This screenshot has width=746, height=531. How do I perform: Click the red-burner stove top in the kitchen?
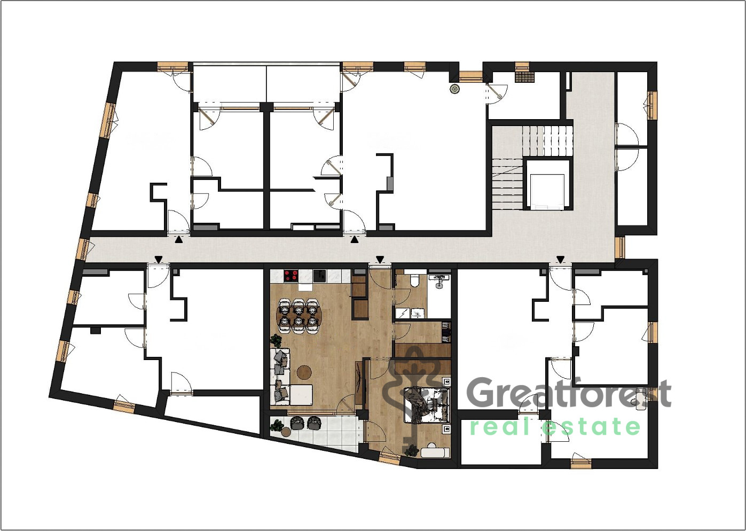pos(291,276)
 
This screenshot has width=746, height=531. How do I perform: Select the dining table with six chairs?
pos(299,316)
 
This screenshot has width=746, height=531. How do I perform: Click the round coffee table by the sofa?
pos(304,372)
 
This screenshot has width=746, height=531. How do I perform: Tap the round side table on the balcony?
pos(286,432)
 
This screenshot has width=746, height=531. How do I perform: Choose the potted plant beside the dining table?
pos(276,340)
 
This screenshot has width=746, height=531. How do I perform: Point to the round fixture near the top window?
pos(454,89)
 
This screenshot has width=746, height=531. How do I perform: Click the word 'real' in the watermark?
pos(501,427)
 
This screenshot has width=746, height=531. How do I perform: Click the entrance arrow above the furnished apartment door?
pos(380,259)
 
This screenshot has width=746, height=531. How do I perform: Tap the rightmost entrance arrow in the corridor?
pos(561,259)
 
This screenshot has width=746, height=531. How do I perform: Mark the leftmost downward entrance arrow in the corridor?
pos(159,259)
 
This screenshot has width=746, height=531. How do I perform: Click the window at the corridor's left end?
pos(82,249)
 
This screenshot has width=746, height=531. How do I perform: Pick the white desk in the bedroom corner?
pos(435,452)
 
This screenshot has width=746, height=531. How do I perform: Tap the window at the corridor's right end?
pos(620,247)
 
